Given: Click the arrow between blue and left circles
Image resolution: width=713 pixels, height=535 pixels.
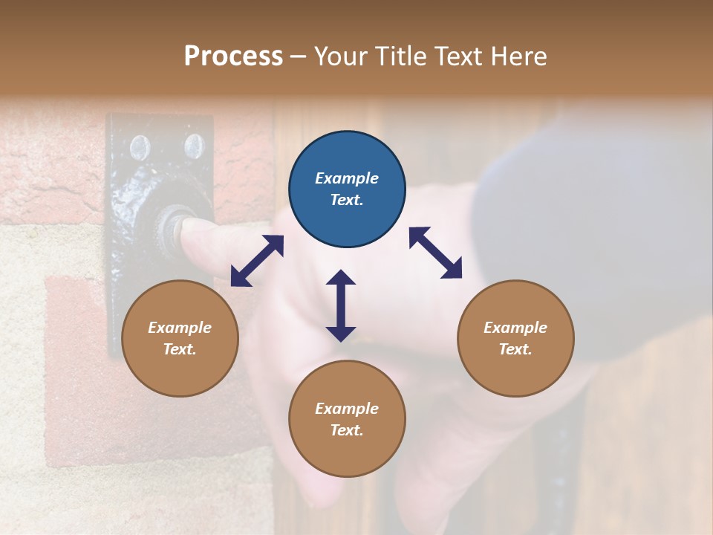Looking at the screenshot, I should pos(257,261).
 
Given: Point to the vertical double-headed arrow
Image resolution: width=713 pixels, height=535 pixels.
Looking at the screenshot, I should pos(341,305).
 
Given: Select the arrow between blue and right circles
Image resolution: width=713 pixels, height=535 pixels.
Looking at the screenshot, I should pos(435,253).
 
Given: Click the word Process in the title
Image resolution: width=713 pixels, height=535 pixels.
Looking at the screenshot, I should pos(233,56).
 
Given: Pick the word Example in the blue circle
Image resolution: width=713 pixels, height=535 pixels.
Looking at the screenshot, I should pos(347,178).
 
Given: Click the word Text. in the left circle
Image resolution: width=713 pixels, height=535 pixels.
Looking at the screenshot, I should pos(180,349).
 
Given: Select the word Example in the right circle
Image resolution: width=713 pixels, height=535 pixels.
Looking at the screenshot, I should pos(515,328).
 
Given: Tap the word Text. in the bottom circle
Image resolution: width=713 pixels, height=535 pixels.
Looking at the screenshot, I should pos(347,430).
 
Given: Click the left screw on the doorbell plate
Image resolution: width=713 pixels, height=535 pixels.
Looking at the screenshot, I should pos(140,148).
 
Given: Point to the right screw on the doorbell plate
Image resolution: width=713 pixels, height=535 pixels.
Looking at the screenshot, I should pos(193,146).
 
